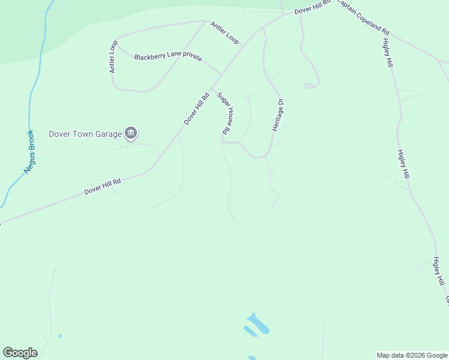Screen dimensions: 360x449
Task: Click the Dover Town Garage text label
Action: click(x=85, y=134)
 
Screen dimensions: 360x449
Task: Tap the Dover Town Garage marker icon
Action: click(x=131, y=133)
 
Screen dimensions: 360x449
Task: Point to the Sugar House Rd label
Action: click(x=224, y=113)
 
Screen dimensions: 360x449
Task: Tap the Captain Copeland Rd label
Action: click(x=363, y=16)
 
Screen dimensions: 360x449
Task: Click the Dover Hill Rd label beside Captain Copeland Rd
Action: click(x=313, y=8)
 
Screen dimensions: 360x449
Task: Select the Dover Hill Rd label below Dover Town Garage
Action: click(x=103, y=186)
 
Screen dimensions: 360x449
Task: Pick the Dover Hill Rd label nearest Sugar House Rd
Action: click(x=196, y=108)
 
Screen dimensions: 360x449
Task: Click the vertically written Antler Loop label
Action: click(x=113, y=57)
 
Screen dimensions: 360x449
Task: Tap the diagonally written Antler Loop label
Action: click(x=224, y=32)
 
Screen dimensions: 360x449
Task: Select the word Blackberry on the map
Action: click(x=149, y=57)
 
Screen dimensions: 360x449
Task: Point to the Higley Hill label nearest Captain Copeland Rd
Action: click(x=387, y=54)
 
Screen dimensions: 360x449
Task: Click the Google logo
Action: click(x=20, y=353)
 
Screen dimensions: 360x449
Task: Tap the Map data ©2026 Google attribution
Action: click(x=412, y=355)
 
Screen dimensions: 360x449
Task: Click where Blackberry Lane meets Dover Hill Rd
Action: click(x=221, y=74)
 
